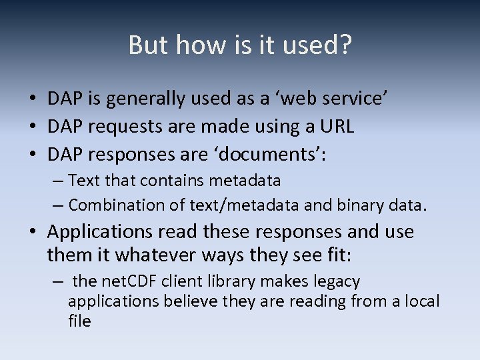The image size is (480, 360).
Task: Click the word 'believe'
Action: click(x=196, y=301)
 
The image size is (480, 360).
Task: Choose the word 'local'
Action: click(x=420, y=301)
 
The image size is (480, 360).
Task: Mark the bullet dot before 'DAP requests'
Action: click(x=32, y=126)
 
